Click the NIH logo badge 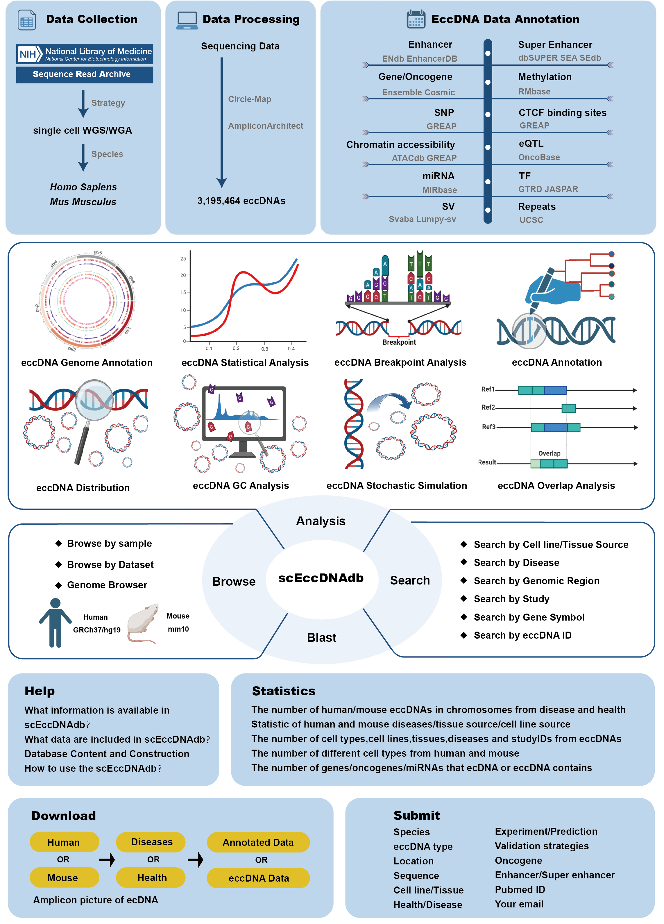29,54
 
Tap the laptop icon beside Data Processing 187,20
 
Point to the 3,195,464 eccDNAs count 241,201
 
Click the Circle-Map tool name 249,99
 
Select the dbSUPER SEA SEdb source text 559,58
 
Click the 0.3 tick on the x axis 264,349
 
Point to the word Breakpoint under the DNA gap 399,342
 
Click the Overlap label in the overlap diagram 549,453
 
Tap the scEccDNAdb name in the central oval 321,578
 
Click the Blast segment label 321,638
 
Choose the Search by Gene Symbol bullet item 529,617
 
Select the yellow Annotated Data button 258,842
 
